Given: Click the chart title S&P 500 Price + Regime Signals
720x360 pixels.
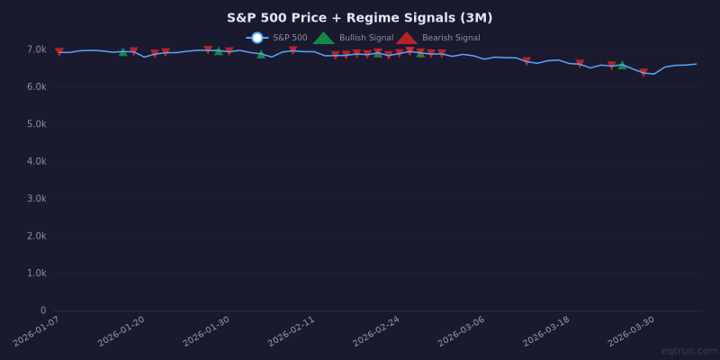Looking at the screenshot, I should click(359, 18).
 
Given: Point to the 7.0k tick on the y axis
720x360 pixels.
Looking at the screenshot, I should click(36, 49).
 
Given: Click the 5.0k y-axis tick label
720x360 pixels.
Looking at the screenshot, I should click(36, 124).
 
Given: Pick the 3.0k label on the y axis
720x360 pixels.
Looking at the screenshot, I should click(36, 199).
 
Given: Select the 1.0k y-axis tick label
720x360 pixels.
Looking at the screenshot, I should click(36, 274).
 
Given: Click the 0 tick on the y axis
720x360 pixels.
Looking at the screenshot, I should click(42, 310).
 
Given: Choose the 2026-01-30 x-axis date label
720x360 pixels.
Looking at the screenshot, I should click(207, 331).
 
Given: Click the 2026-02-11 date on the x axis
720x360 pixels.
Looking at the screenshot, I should click(292, 331).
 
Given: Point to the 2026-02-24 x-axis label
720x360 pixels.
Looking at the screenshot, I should click(377, 331).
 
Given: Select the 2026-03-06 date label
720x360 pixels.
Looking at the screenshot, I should click(462, 331).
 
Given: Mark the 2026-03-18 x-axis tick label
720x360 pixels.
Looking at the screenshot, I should click(547, 331).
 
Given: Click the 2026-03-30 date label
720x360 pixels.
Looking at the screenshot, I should click(632, 331).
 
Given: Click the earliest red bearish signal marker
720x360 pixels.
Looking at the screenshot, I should click(59, 52).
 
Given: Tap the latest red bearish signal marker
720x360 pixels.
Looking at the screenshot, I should click(643, 73).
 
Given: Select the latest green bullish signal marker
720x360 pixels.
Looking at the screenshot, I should click(622, 65).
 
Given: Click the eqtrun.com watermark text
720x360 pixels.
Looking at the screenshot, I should click(688, 351).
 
